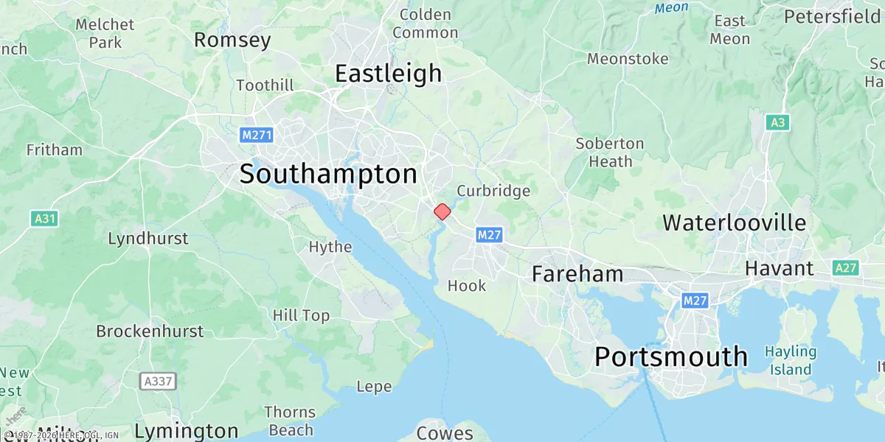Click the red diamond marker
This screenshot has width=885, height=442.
(x=442, y=211)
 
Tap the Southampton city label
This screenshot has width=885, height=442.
(x=328, y=175)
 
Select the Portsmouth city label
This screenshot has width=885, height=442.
(x=670, y=357)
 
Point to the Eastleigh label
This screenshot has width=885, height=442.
(x=388, y=74)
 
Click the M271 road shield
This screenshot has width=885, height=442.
(x=257, y=136)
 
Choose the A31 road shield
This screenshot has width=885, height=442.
(x=45, y=219)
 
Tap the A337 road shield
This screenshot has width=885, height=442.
(x=156, y=381)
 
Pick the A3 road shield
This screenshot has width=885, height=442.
(x=777, y=122)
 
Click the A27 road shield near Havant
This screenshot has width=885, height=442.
(x=845, y=268)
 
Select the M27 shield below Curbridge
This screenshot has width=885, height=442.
(x=490, y=235)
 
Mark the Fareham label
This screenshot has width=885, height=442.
(x=577, y=275)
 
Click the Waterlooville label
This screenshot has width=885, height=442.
(x=735, y=222)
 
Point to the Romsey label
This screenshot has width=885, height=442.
(x=232, y=40)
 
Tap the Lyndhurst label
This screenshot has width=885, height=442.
(x=148, y=239)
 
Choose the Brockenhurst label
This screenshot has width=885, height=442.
(x=150, y=331)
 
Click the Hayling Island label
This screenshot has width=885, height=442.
(x=790, y=361)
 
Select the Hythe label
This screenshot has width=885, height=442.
(x=330, y=247)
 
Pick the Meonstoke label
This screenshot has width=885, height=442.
(x=628, y=59)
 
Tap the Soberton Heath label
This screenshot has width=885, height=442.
(x=610, y=152)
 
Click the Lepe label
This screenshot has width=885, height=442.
(x=374, y=387)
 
